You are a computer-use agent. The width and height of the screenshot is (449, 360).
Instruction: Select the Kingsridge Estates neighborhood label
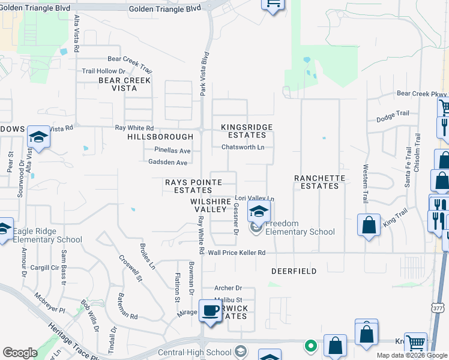[247, 131]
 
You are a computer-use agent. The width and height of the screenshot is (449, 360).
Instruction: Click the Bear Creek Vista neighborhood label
[125, 84]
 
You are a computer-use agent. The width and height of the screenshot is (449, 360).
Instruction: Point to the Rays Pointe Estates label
[189, 186]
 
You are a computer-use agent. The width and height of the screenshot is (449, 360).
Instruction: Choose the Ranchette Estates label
[320, 182]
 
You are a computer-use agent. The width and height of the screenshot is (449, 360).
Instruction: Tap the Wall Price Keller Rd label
[237, 253]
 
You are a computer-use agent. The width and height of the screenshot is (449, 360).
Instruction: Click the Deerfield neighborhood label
[294, 271]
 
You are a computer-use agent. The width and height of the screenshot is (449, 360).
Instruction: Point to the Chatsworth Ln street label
[243, 147]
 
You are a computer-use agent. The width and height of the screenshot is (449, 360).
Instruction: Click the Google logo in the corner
[20, 353]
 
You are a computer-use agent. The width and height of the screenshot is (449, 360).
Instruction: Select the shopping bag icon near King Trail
[369, 225]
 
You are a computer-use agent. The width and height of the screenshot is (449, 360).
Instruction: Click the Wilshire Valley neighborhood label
[211, 205]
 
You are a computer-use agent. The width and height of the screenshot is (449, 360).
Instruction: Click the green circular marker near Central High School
[310, 346]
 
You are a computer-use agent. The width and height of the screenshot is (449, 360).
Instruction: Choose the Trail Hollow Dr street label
[103, 71]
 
